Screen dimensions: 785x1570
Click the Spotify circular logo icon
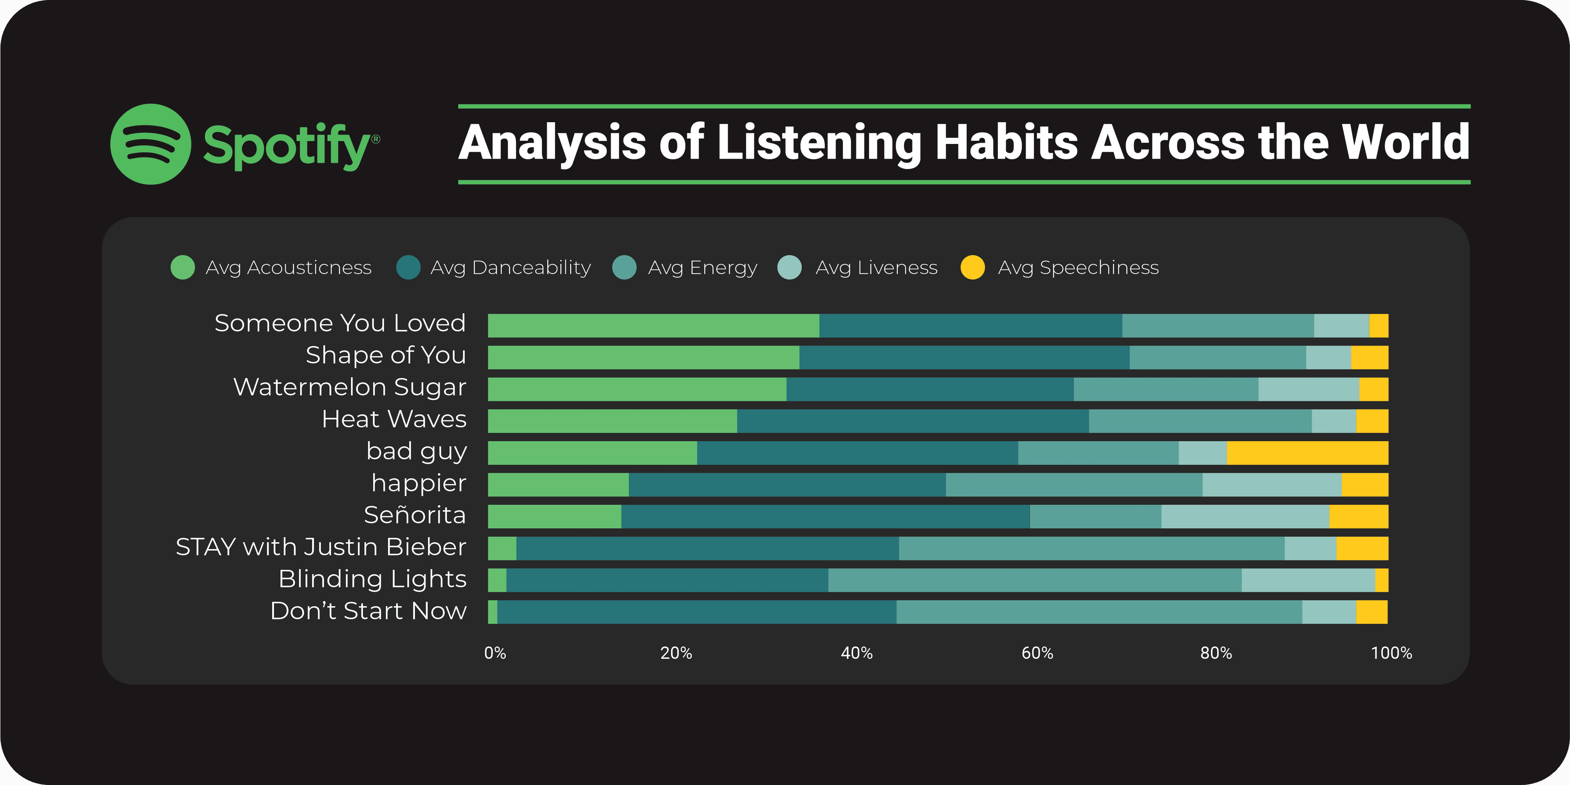150,144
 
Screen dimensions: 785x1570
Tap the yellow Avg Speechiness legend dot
972,267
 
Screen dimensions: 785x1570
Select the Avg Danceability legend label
510,267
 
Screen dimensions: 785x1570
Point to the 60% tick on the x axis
1037,653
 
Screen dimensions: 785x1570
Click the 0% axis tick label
495,653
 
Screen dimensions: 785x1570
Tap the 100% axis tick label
1391,653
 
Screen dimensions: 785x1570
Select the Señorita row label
415,515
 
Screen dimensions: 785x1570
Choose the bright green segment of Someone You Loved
653,325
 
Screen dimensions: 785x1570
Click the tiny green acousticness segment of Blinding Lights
497,580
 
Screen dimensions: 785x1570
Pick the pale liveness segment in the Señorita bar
1245,517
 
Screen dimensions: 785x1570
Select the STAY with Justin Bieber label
321,547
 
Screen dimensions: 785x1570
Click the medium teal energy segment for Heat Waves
1200,421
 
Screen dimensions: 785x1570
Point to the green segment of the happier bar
558,484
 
